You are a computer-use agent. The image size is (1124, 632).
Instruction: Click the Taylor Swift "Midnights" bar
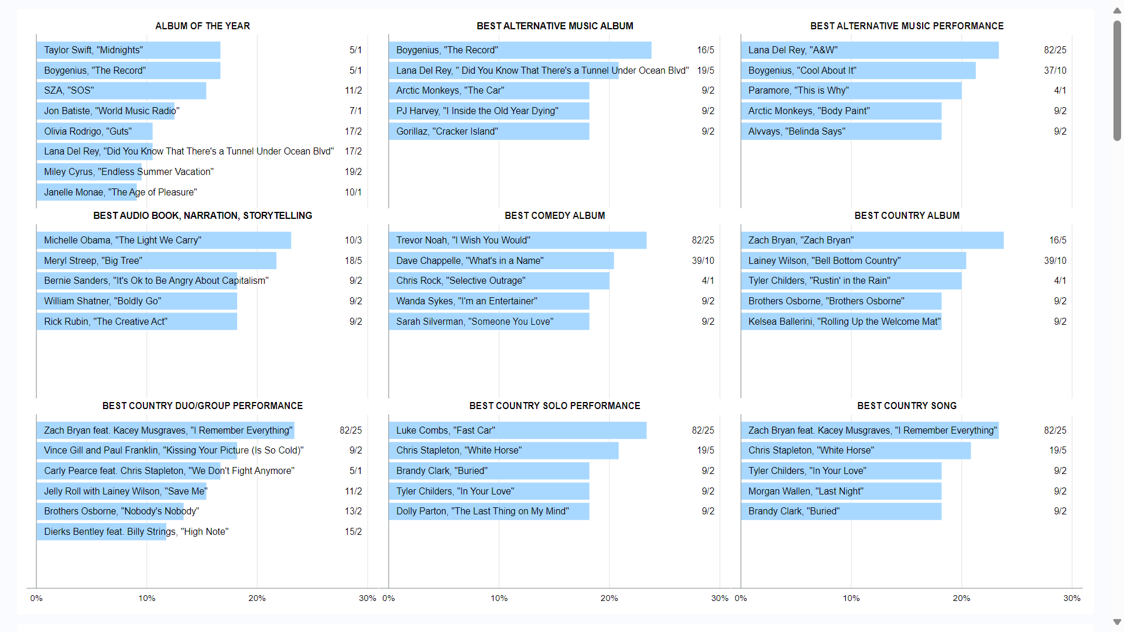(128, 50)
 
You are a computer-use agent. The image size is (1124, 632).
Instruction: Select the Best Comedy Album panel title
(554, 216)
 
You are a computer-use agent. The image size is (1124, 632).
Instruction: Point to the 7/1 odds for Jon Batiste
(355, 111)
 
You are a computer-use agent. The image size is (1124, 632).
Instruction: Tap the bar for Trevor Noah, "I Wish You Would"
(517, 241)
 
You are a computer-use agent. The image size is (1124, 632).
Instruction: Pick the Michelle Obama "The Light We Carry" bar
(163, 241)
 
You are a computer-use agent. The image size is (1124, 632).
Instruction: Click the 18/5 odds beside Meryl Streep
(353, 261)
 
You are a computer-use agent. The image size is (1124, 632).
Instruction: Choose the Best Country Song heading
(906, 406)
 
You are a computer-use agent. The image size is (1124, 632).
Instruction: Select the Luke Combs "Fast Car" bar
(517, 431)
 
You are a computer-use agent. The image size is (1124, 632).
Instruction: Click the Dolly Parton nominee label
(482, 511)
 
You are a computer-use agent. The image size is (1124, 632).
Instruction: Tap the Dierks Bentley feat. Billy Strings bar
(101, 532)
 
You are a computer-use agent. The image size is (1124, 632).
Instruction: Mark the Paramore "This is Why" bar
(851, 91)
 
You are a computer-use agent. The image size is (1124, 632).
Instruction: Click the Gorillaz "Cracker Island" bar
(489, 132)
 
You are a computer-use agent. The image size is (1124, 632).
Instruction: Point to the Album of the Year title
(203, 26)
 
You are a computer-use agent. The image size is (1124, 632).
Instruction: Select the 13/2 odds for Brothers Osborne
(353, 511)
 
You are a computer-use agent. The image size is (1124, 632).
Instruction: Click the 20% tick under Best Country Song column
(961, 598)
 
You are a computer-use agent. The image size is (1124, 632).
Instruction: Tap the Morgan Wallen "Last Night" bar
(841, 492)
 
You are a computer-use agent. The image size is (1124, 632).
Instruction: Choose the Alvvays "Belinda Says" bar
(841, 132)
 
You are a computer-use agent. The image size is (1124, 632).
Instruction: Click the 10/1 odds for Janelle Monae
(353, 193)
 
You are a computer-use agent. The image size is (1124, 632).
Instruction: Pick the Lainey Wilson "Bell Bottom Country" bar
(853, 261)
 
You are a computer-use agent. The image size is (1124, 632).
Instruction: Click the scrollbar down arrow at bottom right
(1117, 622)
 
